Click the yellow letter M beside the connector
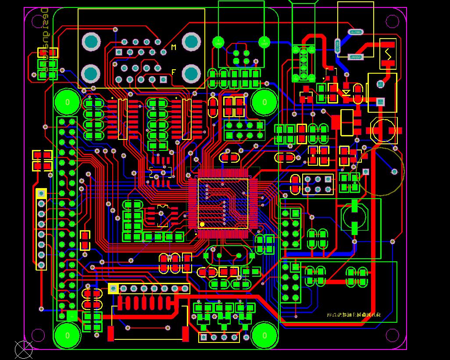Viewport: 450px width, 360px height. [174, 47]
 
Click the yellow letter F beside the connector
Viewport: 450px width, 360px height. [174, 71]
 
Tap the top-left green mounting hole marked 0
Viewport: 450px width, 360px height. [67, 102]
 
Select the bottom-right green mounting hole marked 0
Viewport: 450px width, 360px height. [264, 335]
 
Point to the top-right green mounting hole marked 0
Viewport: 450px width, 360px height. [264, 102]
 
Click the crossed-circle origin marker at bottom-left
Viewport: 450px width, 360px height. [24, 349]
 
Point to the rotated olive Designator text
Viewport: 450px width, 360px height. [44, 39]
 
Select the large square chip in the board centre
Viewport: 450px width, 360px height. [223, 203]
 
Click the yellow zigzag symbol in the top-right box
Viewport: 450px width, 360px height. [388, 54]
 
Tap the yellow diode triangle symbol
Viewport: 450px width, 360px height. [346, 93]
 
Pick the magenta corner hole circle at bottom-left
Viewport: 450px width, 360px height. [38, 335]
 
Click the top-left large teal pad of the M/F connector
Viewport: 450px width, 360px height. [91, 42]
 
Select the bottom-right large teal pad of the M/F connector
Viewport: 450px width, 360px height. [192, 73]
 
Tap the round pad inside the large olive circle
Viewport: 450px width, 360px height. [394, 171]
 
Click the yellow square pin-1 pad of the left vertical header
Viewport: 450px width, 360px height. [41, 193]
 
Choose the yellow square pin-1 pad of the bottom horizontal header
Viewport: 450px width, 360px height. [113, 288]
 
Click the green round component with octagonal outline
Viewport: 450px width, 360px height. [354, 215]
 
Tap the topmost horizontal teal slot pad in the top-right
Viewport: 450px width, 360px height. [355, 32]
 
